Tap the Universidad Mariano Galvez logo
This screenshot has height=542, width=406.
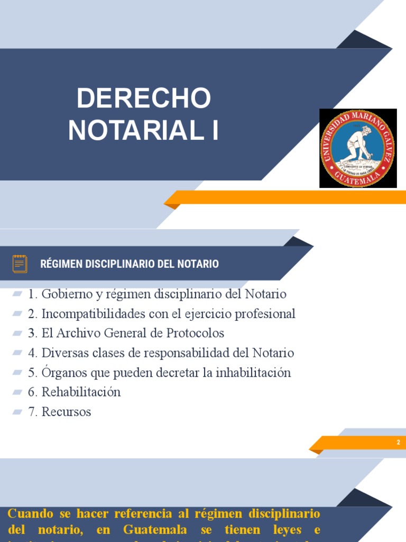click(358, 148)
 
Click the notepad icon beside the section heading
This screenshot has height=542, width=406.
click(20, 264)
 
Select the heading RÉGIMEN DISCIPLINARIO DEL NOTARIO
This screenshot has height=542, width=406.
click(130, 264)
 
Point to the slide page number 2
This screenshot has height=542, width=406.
click(399, 442)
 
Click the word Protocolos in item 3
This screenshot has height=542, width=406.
click(196, 333)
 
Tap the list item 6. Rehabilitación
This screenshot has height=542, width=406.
click(75, 392)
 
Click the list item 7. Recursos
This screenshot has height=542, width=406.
click(60, 412)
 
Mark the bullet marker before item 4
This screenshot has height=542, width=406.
click(17, 353)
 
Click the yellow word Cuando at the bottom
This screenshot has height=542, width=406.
click(31, 513)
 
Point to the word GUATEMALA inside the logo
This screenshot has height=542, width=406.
click(358, 178)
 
